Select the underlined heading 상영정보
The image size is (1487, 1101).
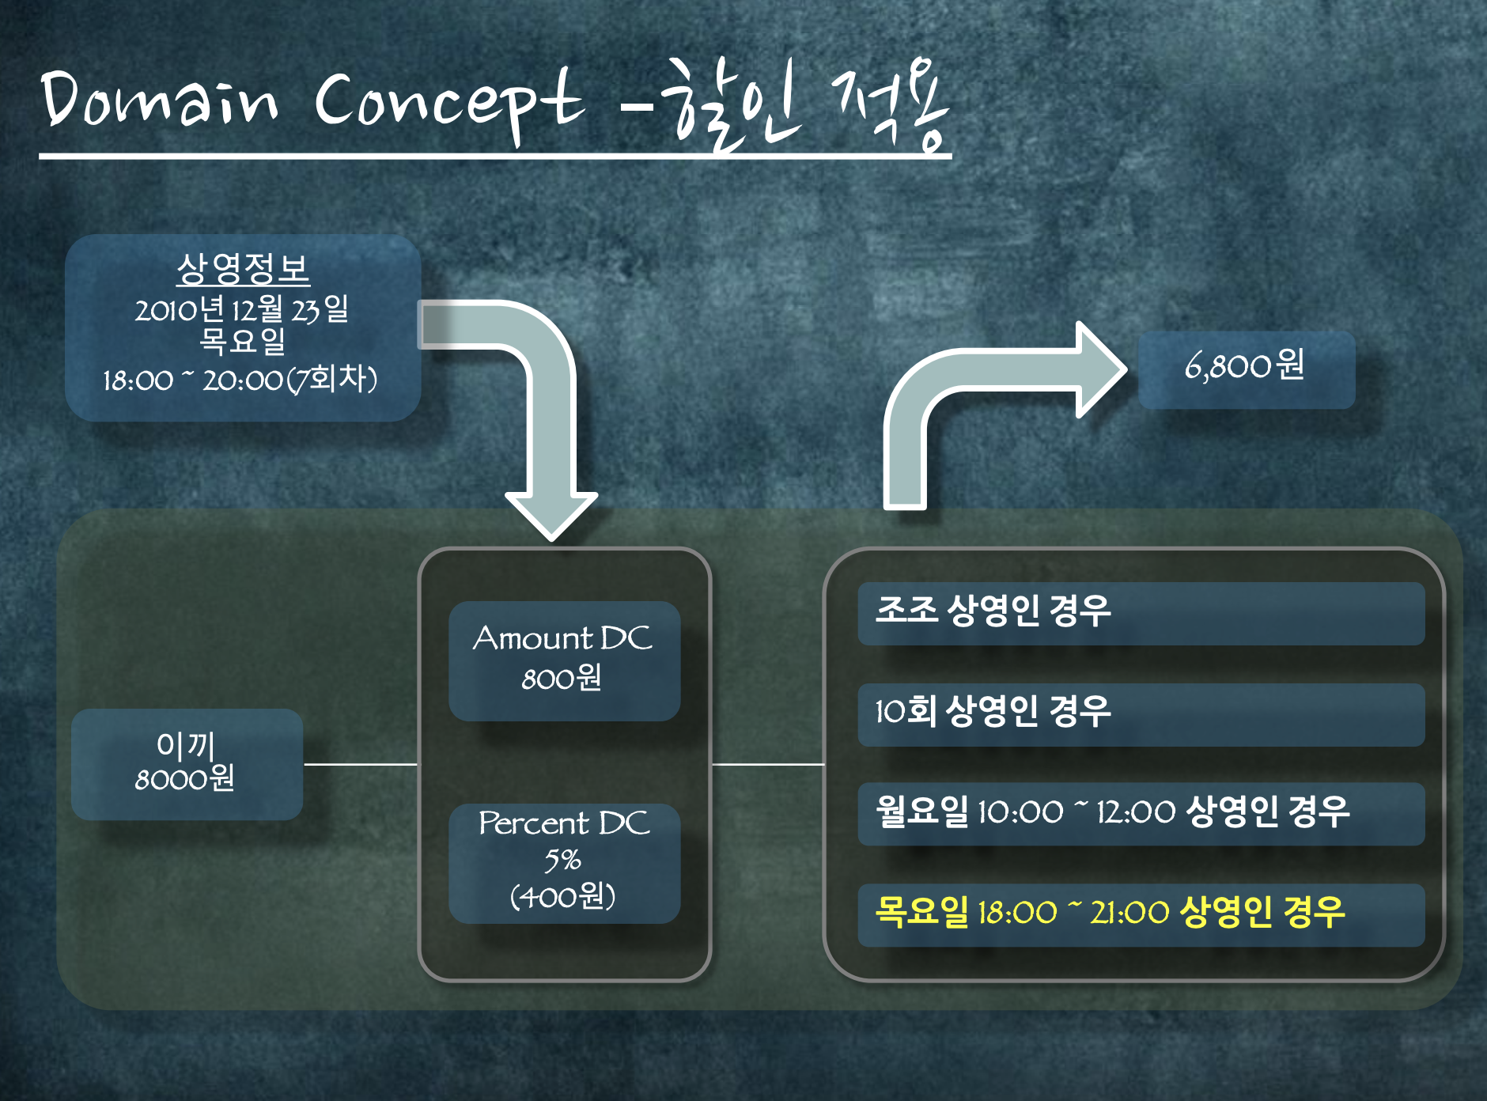[x=243, y=269]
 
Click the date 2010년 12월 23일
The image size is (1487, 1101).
[x=241, y=308]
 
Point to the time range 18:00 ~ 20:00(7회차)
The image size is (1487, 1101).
[x=240, y=380]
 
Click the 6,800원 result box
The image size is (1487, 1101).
[x=1246, y=369]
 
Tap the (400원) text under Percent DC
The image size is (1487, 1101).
[x=563, y=897]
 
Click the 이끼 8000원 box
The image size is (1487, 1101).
[x=187, y=763]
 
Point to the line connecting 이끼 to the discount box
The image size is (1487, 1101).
[x=361, y=764]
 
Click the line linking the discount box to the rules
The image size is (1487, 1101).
[x=768, y=764]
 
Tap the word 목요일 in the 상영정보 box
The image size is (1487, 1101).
[x=241, y=342]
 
